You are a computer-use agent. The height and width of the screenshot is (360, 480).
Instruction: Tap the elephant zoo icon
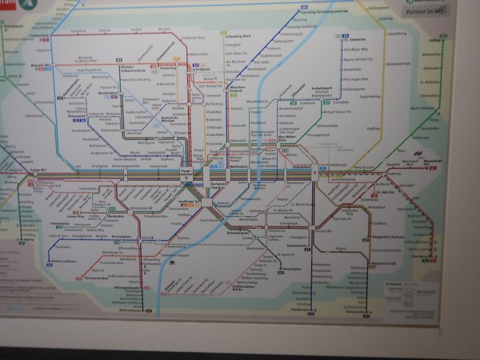172,262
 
